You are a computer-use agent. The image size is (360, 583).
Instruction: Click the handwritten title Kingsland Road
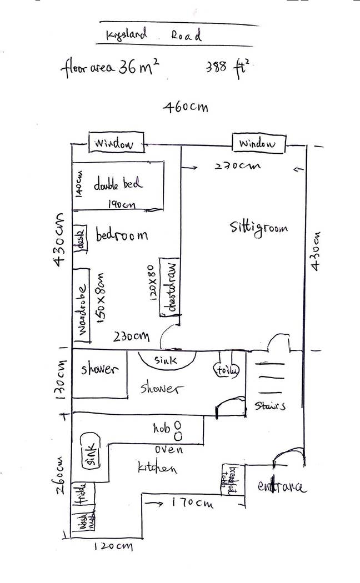[x=154, y=35]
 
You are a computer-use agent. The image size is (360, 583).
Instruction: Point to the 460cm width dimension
[x=186, y=107]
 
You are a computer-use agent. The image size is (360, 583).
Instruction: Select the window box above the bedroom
[x=116, y=143]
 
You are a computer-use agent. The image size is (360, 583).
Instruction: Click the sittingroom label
[x=259, y=228]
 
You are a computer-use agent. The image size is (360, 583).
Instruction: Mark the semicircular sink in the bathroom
[x=166, y=359]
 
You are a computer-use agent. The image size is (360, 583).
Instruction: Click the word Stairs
[x=270, y=405]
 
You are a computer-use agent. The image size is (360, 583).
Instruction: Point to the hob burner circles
[x=178, y=429]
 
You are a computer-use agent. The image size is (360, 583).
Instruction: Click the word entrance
[x=281, y=487]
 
